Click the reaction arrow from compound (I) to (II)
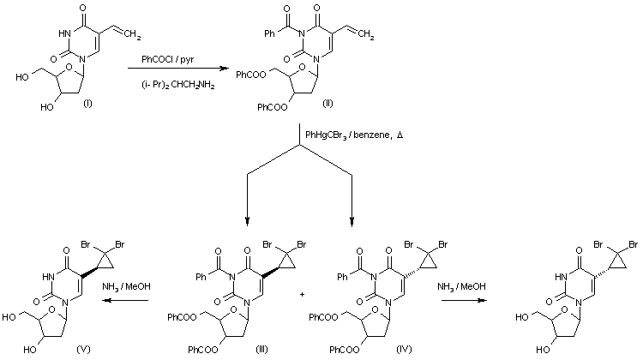[178, 71]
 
